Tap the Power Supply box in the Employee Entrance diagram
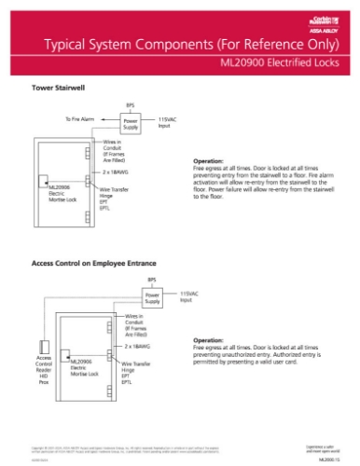tap(152, 298)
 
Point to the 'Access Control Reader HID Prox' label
tap(44, 366)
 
